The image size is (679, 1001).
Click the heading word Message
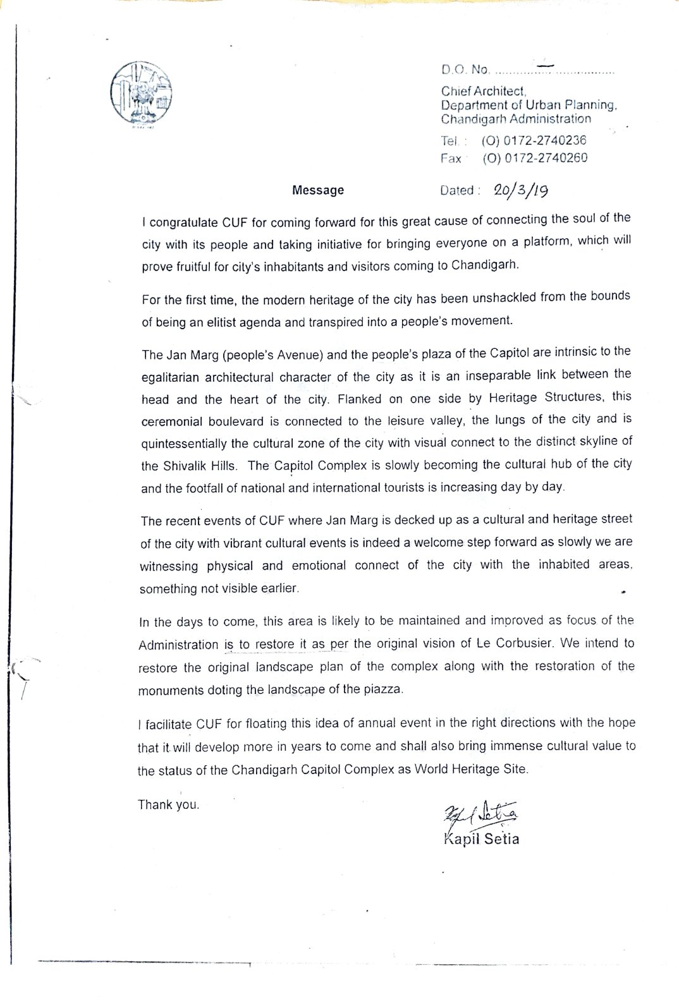[318, 190]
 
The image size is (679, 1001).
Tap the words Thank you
[169, 805]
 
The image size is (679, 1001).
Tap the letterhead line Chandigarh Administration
[516, 119]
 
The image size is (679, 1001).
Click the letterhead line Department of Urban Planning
[528, 106]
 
